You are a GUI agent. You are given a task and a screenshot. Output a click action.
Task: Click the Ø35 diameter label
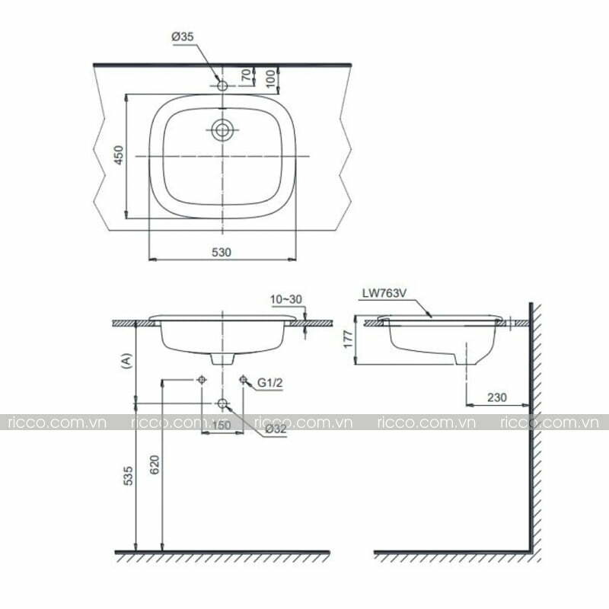182,37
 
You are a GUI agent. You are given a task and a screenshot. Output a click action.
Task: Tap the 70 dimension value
246,75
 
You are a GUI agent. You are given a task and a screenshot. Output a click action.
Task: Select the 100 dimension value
271,78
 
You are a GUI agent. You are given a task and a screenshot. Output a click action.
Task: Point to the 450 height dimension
120,155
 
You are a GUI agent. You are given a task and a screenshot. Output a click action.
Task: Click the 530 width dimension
222,253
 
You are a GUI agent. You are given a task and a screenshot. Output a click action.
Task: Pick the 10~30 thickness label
286,299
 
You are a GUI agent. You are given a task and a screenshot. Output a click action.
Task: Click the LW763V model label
384,293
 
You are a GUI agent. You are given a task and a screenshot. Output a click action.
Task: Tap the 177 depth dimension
349,339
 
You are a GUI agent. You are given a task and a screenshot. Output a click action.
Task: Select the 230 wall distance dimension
497,397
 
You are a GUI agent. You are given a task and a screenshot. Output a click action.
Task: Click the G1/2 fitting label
270,383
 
